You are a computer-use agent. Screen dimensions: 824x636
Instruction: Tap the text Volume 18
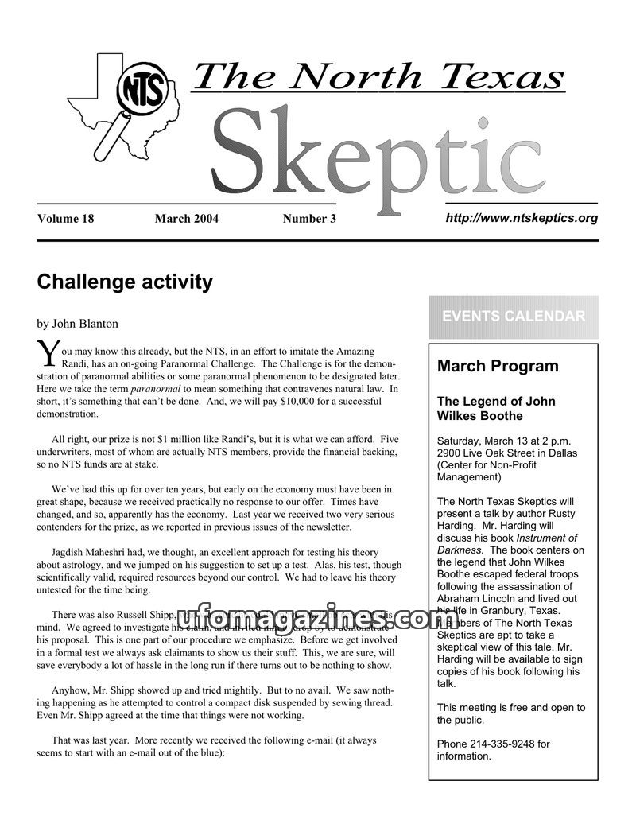(65, 219)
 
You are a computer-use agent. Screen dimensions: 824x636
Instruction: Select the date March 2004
(186, 219)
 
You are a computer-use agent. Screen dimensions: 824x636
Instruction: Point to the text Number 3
(309, 219)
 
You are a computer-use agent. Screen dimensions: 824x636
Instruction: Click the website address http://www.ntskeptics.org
(522, 218)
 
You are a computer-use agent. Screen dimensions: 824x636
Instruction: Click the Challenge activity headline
(125, 282)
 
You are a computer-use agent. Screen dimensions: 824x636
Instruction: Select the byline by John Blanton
(77, 324)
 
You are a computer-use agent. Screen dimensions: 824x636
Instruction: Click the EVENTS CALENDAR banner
(514, 317)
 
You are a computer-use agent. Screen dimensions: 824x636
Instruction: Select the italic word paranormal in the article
(156, 389)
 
